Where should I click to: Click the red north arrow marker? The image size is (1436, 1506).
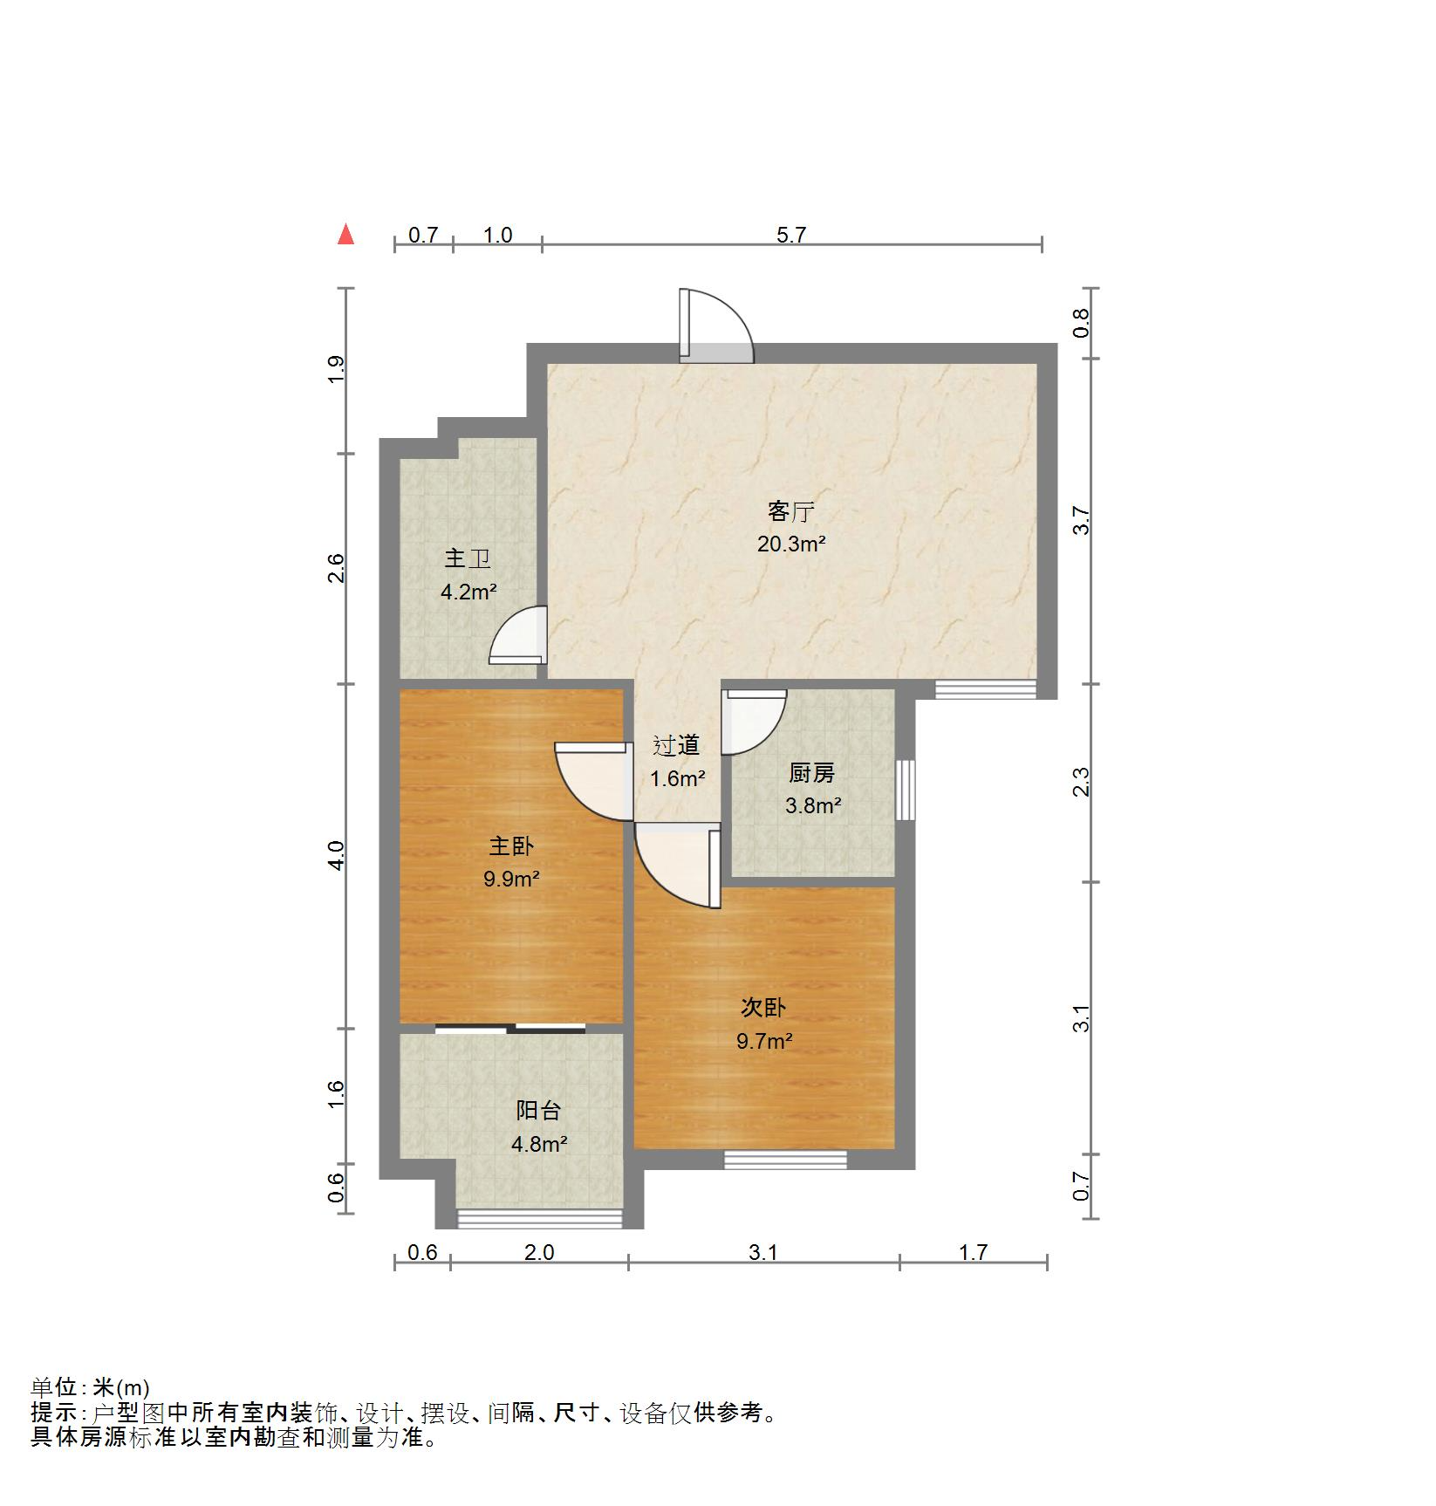point(346,235)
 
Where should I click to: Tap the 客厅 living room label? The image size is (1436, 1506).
point(790,511)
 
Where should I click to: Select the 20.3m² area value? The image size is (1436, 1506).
point(790,544)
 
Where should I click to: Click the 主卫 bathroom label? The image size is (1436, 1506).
point(468,559)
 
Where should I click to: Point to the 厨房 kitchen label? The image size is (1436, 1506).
point(811,773)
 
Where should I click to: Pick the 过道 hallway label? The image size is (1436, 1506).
point(677,745)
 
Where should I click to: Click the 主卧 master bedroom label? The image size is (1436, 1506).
point(511,846)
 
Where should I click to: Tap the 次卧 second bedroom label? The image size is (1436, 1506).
point(763,1008)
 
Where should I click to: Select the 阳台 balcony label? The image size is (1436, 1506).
point(538,1111)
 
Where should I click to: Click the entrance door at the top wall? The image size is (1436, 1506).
point(715,327)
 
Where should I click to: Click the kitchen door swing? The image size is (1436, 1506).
point(754,720)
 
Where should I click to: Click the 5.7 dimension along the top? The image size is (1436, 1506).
point(791,235)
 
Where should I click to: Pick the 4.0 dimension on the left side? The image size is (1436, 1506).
point(338,855)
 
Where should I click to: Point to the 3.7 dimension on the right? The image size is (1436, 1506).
point(1082,521)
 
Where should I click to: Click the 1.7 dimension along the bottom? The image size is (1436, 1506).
point(973,1253)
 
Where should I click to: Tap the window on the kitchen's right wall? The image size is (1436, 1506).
point(906,790)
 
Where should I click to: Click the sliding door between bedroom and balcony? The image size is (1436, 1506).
point(510,1029)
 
